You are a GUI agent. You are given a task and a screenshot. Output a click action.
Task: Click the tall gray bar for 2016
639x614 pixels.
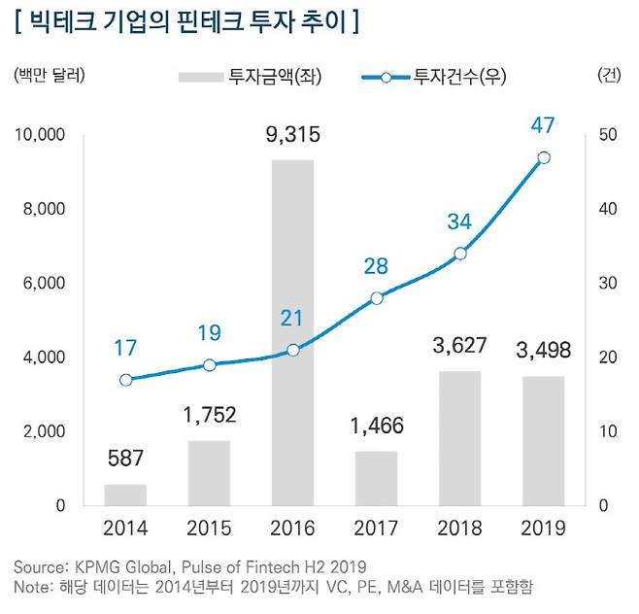[x=292, y=332]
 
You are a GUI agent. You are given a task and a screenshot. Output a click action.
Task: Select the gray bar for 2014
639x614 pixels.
[x=125, y=495]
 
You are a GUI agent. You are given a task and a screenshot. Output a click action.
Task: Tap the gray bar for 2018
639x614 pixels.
[x=460, y=438]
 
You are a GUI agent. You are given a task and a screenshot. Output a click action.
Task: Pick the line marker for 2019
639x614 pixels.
[x=544, y=157]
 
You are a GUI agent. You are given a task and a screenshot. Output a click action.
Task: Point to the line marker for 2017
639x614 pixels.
[x=377, y=298]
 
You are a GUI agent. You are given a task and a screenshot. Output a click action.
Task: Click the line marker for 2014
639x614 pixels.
[x=125, y=380]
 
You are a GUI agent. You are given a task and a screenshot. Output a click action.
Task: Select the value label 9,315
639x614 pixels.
[x=292, y=134]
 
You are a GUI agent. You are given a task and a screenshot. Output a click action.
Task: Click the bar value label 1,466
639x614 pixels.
[x=377, y=425]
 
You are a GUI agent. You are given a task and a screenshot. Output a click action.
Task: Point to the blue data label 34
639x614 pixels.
[x=459, y=222]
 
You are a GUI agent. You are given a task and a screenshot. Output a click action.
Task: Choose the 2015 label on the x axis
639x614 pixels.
[x=209, y=529]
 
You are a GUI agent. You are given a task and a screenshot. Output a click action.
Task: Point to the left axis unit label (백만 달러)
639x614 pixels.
[x=50, y=76]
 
